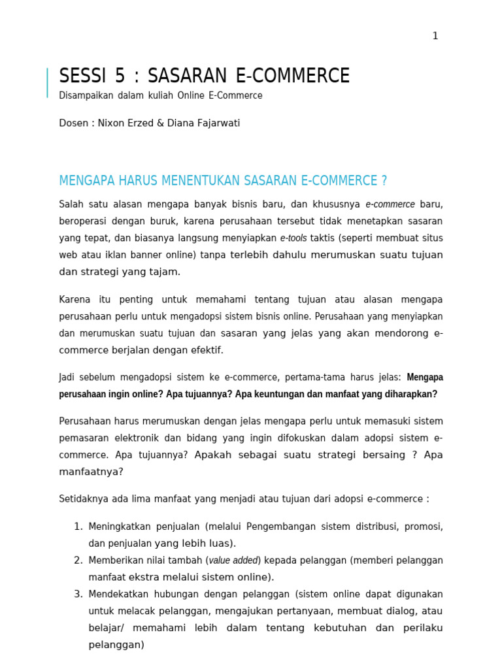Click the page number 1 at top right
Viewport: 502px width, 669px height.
click(435, 36)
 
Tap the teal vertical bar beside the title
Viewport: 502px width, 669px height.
click(47, 83)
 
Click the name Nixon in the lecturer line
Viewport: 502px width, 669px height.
click(114, 123)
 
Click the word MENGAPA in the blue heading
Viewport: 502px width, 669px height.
click(86, 181)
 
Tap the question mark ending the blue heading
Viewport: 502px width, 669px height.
click(384, 181)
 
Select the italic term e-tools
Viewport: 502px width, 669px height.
click(293, 238)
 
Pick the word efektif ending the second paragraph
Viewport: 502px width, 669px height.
click(205, 350)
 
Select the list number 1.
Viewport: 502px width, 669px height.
click(77, 527)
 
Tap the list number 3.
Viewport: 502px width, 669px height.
click(77, 594)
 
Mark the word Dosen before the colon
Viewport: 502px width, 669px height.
click(73, 123)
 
